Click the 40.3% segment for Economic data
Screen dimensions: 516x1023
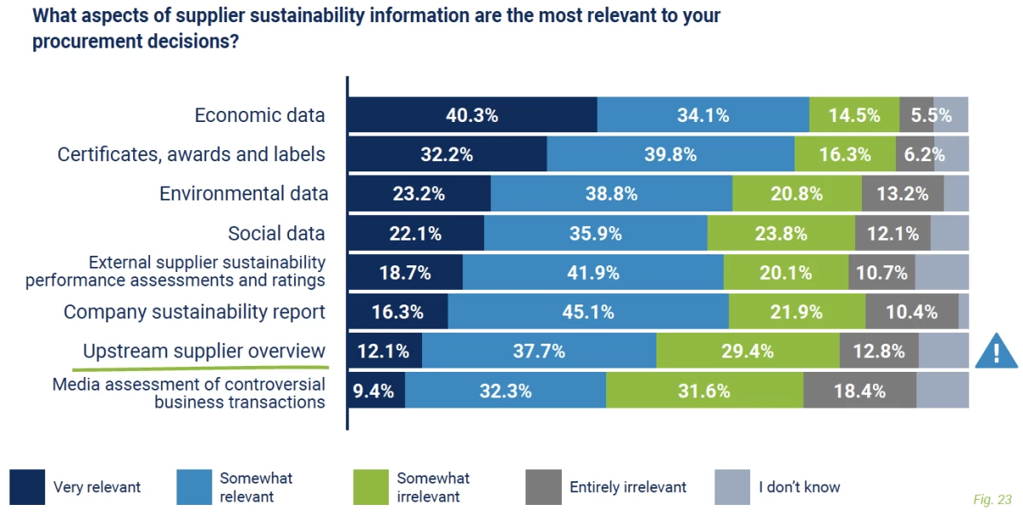[x=472, y=115]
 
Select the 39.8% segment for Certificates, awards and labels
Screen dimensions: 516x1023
[x=670, y=154]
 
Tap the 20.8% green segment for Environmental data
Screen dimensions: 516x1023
[x=797, y=194]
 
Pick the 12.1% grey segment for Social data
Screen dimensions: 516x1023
[x=893, y=233]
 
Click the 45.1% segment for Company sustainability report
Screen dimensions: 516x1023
[x=588, y=311]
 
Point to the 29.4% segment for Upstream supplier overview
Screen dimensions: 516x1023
[x=748, y=351]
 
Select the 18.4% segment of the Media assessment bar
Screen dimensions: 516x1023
[x=859, y=391]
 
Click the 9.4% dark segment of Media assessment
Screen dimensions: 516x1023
[x=376, y=391]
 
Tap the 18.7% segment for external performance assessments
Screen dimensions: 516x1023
[x=405, y=272]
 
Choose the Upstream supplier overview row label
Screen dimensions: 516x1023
[x=204, y=351]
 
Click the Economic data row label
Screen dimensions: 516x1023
[x=259, y=115]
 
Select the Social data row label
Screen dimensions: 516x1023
[x=276, y=233]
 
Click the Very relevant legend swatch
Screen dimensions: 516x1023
[x=27, y=487]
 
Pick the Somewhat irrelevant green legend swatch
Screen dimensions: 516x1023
[x=371, y=487]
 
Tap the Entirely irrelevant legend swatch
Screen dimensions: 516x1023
[x=543, y=487]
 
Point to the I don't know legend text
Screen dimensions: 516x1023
[x=799, y=487]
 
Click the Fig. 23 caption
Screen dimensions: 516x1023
[x=991, y=498]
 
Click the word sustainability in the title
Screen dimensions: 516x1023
[x=251, y=15]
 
